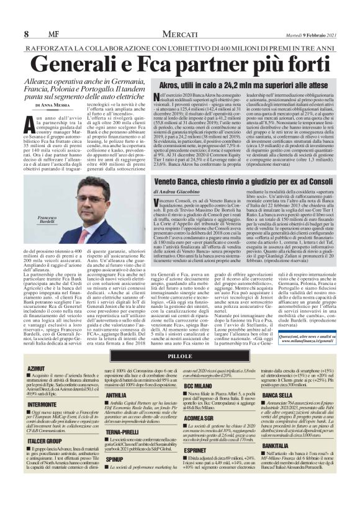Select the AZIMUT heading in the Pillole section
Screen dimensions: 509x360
coord(36,368)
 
